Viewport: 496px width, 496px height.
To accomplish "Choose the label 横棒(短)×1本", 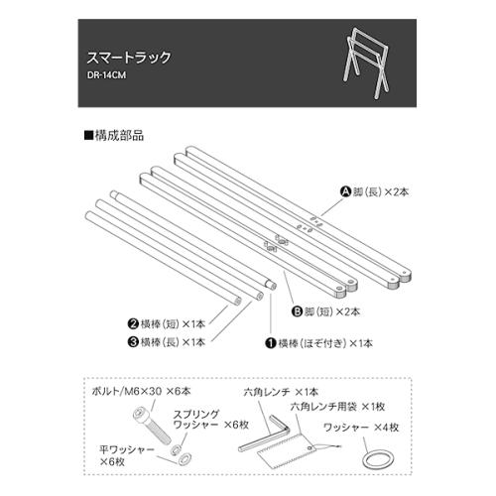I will pyautogui.click(x=173, y=324).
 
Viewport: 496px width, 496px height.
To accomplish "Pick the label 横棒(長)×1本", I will pyautogui.click(x=173, y=341).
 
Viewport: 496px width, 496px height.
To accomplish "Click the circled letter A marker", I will pyautogui.click(x=346, y=190).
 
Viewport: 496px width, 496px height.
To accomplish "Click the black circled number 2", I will pyautogui.click(x=132, y=324).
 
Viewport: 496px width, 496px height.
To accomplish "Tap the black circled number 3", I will pyautogui.click(x=132, y=341).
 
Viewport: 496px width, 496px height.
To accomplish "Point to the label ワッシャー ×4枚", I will pyautogui.click(x=362, y=429).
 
